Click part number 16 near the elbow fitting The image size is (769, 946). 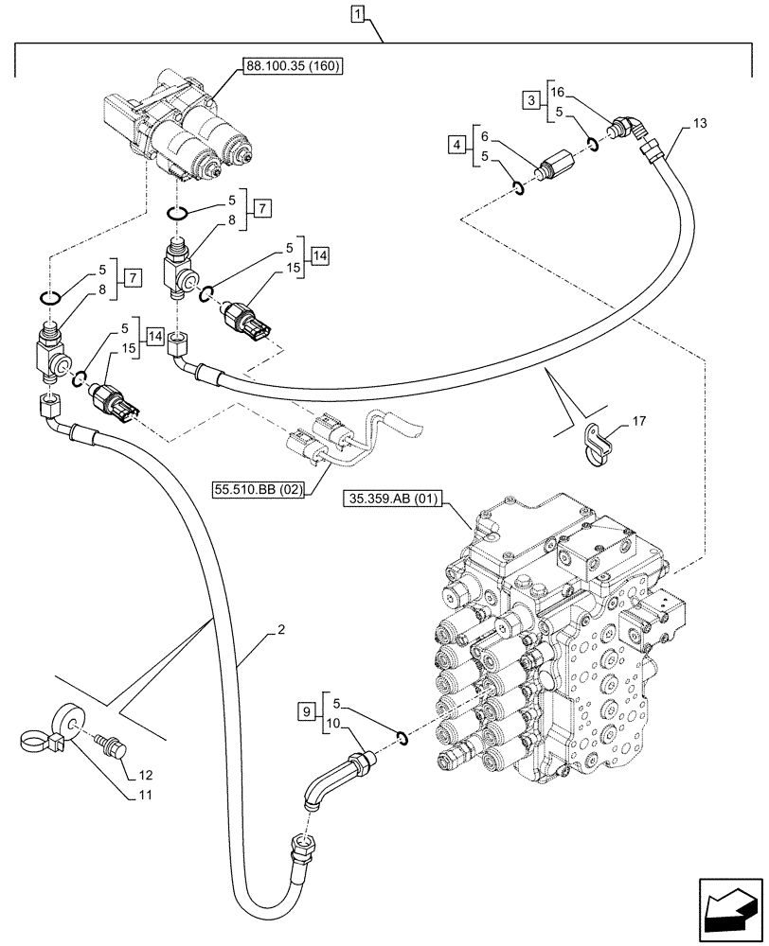tap(557, 92)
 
